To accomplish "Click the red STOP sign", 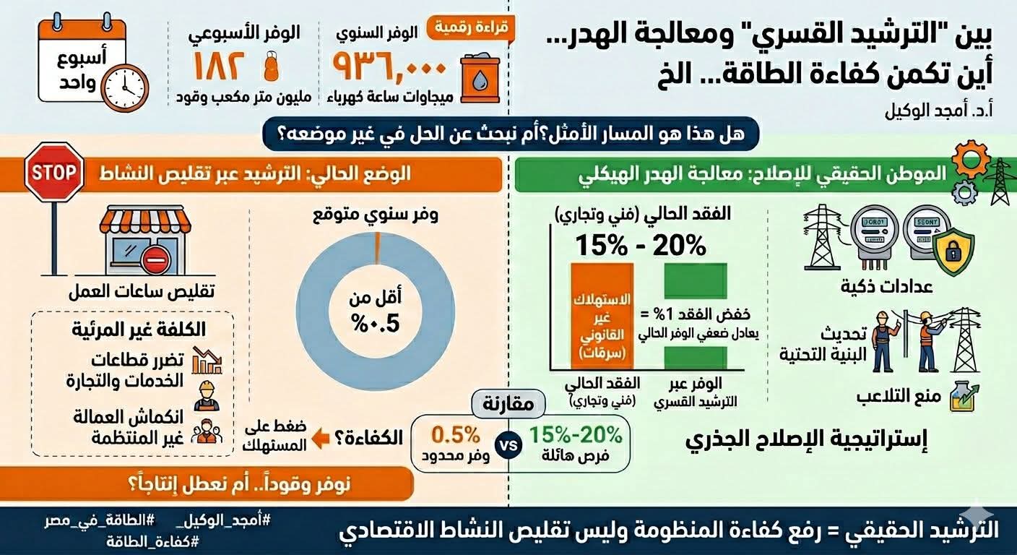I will coord(55,172).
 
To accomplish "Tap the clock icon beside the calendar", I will coord(124,87).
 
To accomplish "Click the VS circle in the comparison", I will coord(510,444).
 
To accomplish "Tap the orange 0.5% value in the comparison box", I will coord(456,435).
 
